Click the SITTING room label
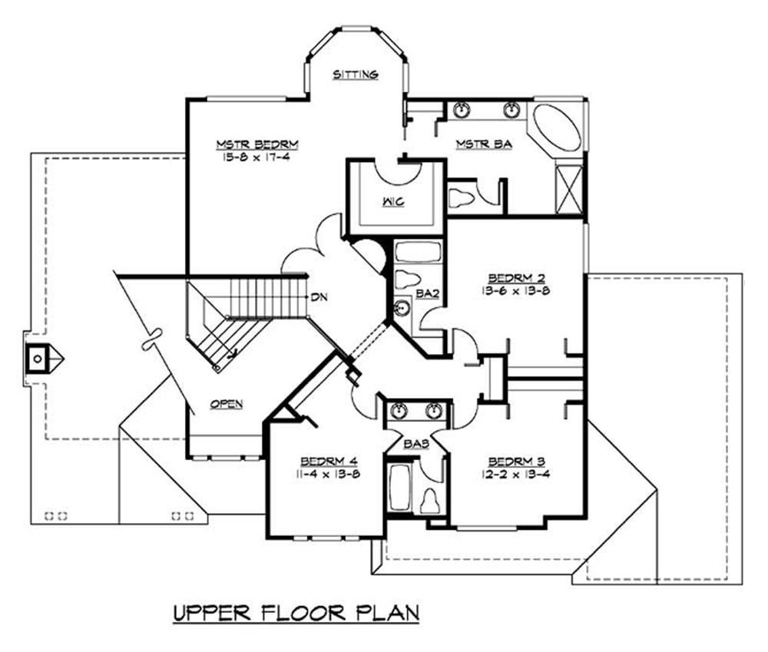(356, 74)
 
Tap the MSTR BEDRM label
(246, 144)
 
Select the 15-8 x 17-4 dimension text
(246, 157)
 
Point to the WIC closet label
(396, 202)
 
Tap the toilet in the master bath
(462, 197)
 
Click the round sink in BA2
(402, 309)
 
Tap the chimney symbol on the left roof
(37, 357)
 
